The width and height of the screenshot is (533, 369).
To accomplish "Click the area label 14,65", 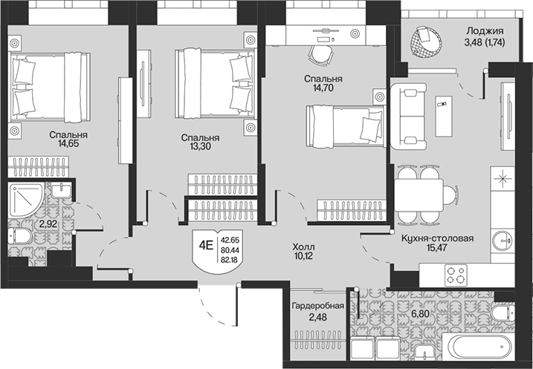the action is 68,143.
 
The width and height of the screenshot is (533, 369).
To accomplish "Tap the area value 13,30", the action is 200,147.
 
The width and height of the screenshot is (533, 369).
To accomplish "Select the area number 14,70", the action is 323,88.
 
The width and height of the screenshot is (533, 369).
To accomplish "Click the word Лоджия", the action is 485,31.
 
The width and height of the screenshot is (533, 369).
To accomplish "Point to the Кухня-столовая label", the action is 438,238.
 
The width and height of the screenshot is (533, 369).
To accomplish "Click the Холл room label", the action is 304,246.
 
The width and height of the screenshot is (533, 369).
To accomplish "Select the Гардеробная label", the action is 318,306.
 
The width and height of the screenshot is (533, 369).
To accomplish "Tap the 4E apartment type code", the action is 206,244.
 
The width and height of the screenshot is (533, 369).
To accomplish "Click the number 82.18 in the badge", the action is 230,261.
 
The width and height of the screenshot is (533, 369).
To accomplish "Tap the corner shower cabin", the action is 26,200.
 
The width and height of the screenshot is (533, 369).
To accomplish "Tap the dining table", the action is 419,195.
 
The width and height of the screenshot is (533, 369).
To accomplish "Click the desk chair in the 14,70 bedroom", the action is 320,55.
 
